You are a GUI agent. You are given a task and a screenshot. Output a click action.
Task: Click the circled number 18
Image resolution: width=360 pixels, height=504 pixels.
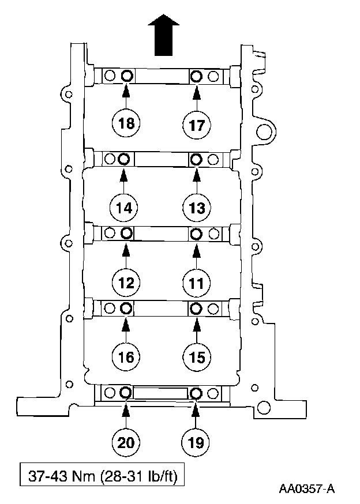click(x=126, y=123)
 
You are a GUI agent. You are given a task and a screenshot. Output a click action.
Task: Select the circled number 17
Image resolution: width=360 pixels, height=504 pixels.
click(x=197, y=124)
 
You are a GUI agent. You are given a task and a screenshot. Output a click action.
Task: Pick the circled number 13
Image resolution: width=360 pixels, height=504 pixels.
click(x=197, y=206)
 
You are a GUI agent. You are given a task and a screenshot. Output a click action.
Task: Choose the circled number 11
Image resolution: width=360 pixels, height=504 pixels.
click(x=197, y=282)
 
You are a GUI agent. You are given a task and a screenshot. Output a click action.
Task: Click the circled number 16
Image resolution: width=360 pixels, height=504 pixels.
click(x=126, y=357)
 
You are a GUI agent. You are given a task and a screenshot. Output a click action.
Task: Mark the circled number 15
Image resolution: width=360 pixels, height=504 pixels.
click(x=197, y=357)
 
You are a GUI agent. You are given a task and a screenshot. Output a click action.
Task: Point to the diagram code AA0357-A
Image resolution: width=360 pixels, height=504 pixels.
click(x=306, y=490)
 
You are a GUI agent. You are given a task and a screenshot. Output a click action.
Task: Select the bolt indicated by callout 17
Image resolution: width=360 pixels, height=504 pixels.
click(x=197, y=76)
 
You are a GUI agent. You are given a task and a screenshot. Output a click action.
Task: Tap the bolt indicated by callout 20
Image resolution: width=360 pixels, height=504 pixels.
click(x=125, y=393)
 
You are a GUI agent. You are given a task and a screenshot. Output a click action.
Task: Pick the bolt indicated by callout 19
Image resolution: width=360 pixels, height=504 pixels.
click(x=196, y=393)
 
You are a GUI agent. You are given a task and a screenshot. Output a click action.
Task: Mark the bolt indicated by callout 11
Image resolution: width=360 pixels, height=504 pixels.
click(x=196, y=233)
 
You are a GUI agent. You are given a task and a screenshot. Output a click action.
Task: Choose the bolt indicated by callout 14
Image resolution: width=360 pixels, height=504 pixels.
click(x=123, y=158)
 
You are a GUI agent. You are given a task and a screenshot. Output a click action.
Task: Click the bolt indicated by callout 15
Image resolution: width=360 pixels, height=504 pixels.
click(x=196, y=308)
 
